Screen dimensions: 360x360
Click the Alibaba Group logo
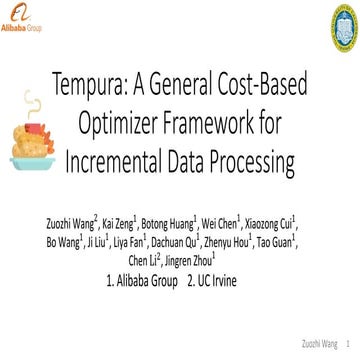click(22, 18)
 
